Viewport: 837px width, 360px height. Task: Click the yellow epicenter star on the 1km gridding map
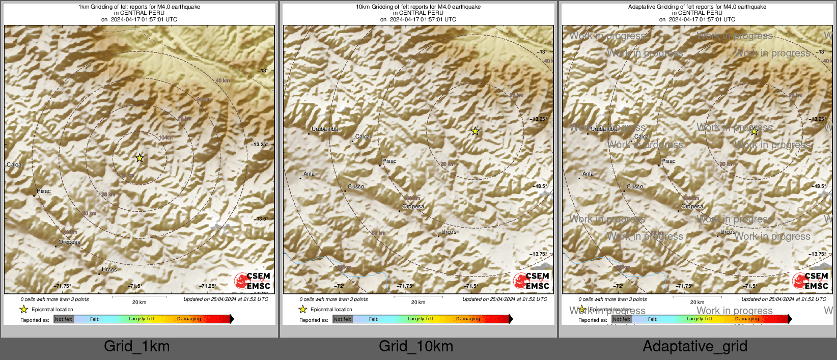(139, 158)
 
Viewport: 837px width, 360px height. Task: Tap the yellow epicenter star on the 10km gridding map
(475, 131)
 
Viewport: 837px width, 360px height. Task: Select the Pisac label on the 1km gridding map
(44, 191)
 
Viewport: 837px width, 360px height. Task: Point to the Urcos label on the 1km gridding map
(109, 269)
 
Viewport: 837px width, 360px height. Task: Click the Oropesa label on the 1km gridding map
(69, 242)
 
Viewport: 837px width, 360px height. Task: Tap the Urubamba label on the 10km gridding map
(325, 129)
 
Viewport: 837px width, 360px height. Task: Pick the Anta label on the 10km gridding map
(309, 174)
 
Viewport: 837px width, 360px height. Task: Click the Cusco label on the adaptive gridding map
(635, 186)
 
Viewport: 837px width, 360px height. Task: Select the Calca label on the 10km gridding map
(362, 136)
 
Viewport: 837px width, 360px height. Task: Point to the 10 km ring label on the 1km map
(165, 137)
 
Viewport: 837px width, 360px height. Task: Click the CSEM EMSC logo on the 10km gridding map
(532, 281)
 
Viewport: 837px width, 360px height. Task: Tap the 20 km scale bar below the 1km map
(139, 297)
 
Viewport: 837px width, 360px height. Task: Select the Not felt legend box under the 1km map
(64, 319)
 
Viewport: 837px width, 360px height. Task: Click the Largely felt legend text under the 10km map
(421, 319)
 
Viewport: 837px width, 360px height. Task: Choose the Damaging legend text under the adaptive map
(747, 319)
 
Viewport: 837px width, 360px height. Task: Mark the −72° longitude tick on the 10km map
(339, 286)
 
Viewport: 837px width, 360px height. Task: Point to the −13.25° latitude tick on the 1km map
(259, 144)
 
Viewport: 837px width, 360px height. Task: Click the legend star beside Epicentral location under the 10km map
(302, 309)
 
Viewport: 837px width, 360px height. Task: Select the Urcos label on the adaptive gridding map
(728, 232)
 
